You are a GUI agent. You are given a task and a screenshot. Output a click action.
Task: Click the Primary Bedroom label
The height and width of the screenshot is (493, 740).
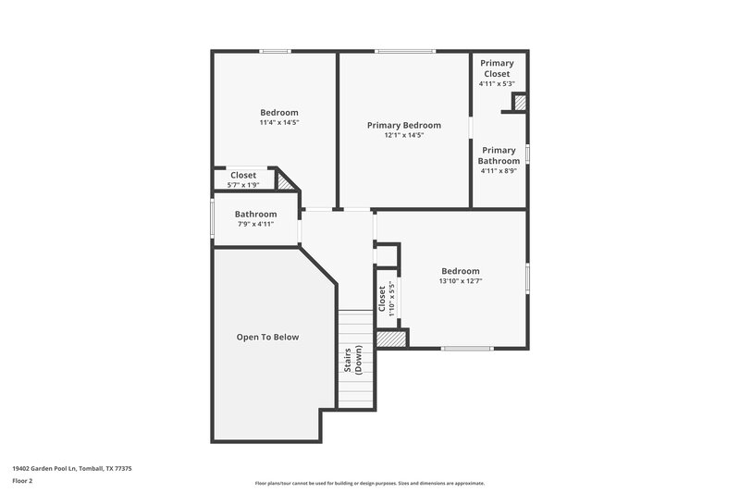[403, 125]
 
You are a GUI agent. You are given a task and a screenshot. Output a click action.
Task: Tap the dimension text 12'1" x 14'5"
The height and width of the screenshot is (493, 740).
[403, 135]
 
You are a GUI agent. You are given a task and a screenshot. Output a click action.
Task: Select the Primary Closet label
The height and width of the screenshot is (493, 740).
[497, 68]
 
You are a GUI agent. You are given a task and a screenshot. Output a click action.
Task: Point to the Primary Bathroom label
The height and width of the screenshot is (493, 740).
[499, 155]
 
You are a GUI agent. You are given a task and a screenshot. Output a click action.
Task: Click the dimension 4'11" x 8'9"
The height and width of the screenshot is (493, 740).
[499, 170]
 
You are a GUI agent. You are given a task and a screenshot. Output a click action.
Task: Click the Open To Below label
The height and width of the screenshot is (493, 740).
[267, 338]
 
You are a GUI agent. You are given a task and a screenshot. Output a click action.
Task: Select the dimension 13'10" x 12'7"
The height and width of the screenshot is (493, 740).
[460, 281]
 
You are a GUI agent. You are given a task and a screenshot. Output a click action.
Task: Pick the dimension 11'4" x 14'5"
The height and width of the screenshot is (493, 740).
[278, 122]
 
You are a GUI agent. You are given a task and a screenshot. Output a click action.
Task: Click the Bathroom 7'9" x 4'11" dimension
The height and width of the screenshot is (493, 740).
[255, 224]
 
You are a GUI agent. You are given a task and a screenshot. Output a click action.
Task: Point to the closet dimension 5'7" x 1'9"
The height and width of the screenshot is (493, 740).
[243, 184]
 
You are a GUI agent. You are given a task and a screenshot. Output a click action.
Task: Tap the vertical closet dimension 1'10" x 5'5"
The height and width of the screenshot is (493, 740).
[392, 299]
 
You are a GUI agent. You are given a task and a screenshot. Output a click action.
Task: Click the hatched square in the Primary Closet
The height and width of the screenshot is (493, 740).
[520, 103]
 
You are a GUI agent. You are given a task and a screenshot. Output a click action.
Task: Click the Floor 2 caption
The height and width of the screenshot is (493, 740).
[23, 482]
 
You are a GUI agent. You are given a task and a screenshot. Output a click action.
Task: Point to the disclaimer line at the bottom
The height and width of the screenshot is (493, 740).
[369, 483]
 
